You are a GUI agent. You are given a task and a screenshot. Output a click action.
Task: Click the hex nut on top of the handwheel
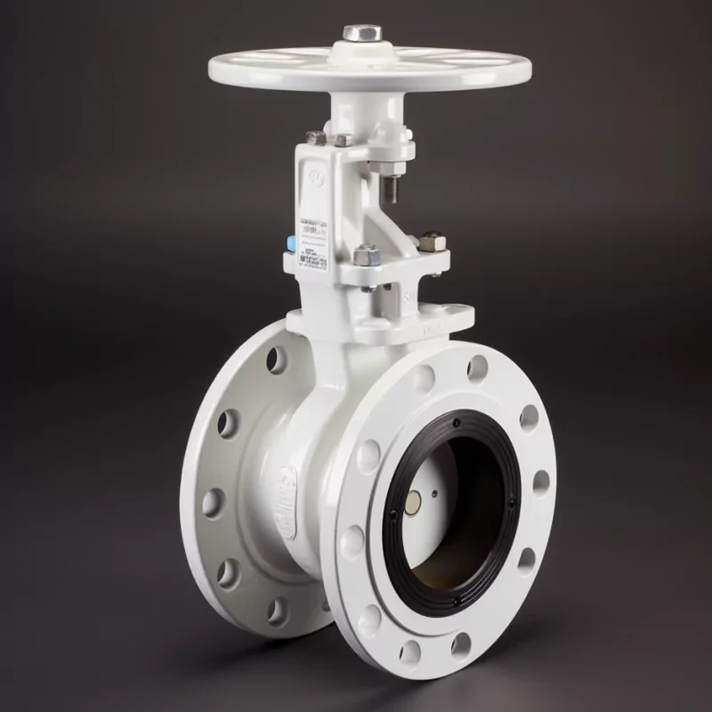363,33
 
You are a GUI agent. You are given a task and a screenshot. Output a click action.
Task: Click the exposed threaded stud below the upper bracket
392,187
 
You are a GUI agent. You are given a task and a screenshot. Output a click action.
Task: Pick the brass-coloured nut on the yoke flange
432,240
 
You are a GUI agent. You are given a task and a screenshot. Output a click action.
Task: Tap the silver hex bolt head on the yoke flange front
364,255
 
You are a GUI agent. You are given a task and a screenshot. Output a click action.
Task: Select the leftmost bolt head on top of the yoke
316,138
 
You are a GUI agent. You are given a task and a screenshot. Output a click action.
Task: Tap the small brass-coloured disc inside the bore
414,505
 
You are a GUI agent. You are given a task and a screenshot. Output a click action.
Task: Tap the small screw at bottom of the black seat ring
457,602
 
